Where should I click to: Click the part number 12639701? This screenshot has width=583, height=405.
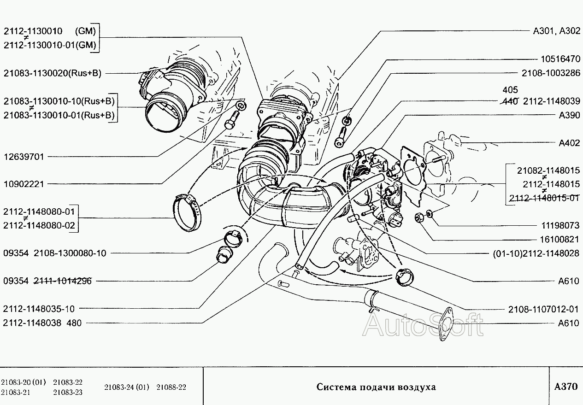[x=24, y=157]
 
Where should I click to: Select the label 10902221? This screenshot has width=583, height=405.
[x=24, y=184]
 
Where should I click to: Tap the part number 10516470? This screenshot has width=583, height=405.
[x=560, y=59]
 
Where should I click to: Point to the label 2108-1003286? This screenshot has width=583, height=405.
[x=551, y=73]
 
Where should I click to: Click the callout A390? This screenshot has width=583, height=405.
[x=570, y=115]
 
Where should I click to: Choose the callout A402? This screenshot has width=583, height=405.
[x=570, y=143]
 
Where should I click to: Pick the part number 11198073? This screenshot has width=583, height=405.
[x=560, y=225]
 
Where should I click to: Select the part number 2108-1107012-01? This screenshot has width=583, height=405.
[x=543, y=309]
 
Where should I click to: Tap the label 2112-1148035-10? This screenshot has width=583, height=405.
[x=39, y=309]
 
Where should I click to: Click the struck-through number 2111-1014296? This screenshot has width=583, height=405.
[x=63, y=281]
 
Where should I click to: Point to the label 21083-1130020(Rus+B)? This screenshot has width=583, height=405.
[x=53, y=73]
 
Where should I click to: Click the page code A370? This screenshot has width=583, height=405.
[x=566, y=387]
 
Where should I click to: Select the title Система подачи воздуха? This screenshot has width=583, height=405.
[x=376, y=387]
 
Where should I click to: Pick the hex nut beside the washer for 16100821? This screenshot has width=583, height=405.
[x=418, y=217]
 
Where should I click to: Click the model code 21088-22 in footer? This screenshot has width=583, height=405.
[x=171, y=387]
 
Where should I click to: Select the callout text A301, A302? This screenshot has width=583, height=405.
[x=557, y=31]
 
